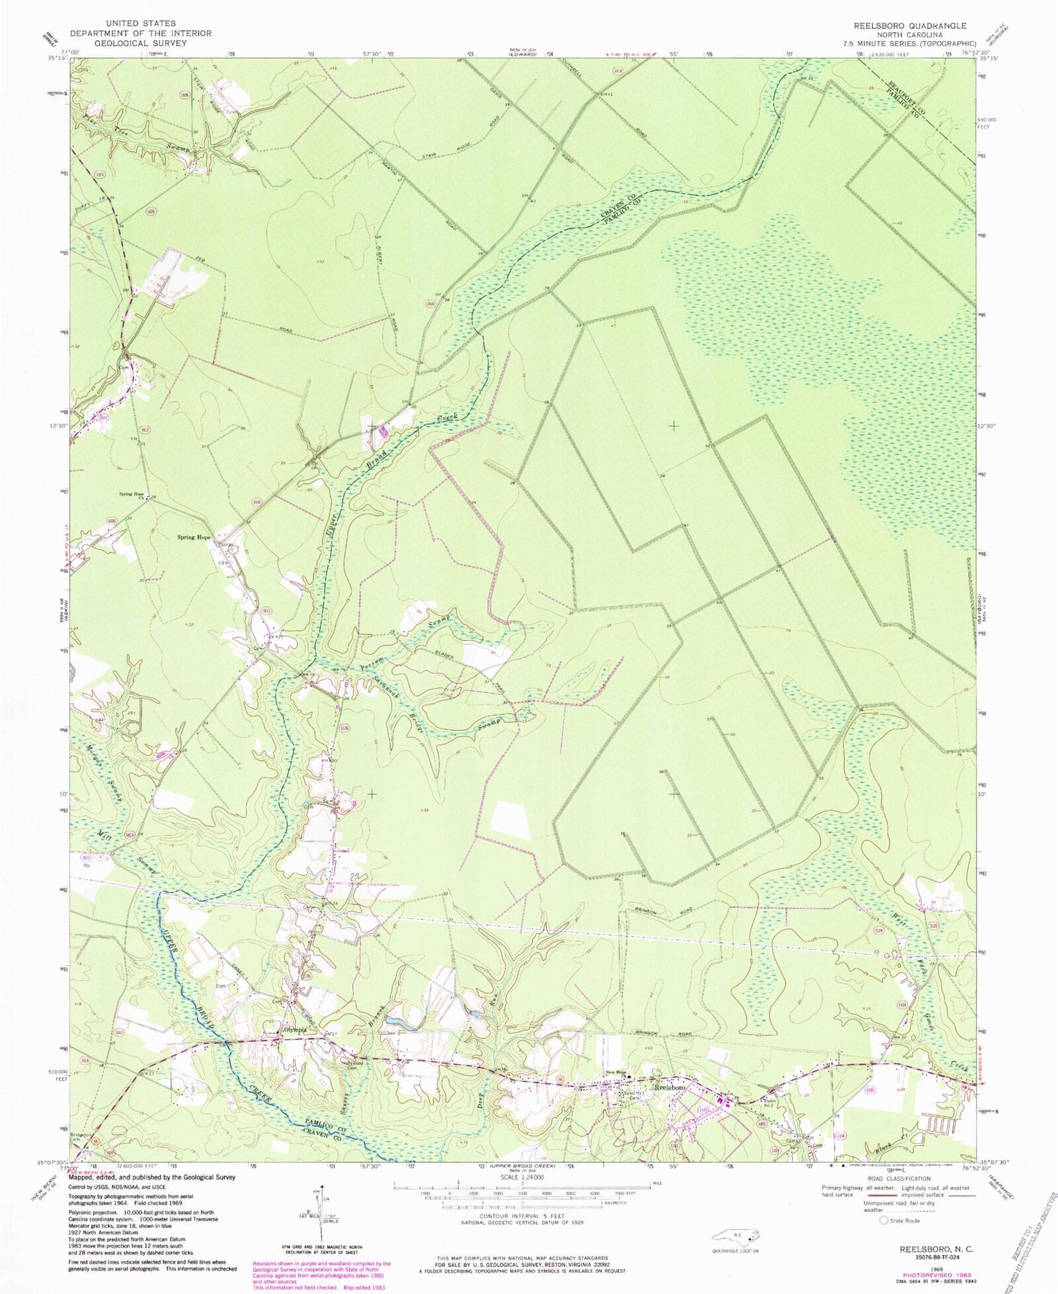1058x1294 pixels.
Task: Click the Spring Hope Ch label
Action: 130,494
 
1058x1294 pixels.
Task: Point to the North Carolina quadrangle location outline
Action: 739,1235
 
